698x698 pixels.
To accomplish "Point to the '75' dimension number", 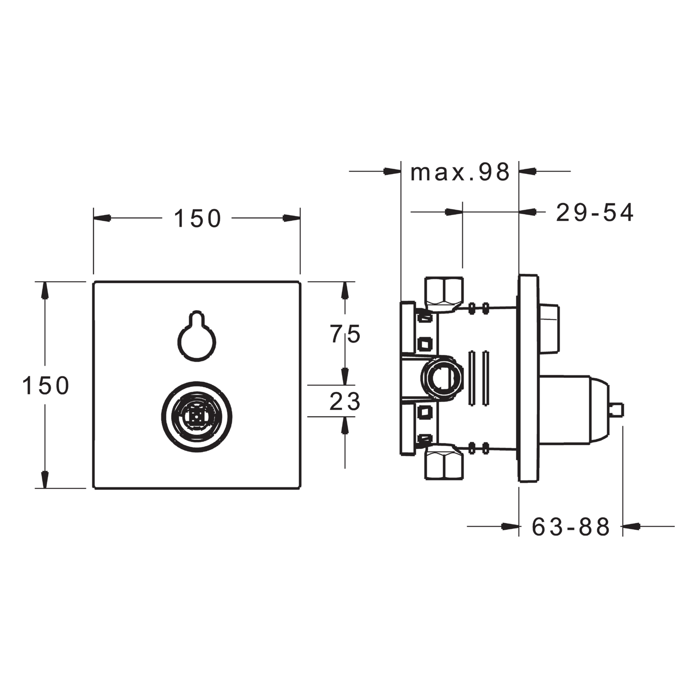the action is click(x=345, y=334).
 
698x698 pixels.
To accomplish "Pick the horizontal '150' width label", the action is click(x=197, y=218).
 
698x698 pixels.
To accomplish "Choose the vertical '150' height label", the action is click(x=46, y=385).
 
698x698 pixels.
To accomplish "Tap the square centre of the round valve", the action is click(x=197, y=417).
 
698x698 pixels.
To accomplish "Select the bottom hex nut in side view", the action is click(x=444, y=466).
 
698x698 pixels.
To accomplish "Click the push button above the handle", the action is click(x=549, y=328).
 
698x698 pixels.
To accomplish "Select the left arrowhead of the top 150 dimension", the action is click(x=102, y=218).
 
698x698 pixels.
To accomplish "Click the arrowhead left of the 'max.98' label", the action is click(x=392, y=171).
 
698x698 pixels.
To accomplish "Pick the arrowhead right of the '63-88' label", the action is click(x=631, y=526).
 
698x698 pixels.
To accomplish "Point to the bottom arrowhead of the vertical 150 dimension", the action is click(x=45, y=480).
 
